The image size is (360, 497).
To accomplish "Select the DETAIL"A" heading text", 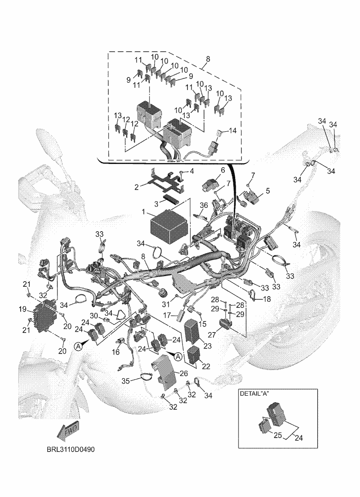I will (256, 394).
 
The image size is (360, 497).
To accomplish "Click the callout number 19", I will (22, 309).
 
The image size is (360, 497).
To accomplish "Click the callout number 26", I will (183, 373).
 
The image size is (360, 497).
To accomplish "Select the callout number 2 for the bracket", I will (137, 187).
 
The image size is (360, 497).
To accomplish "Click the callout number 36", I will (204, 205).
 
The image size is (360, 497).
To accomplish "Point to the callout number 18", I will (267, 298).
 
